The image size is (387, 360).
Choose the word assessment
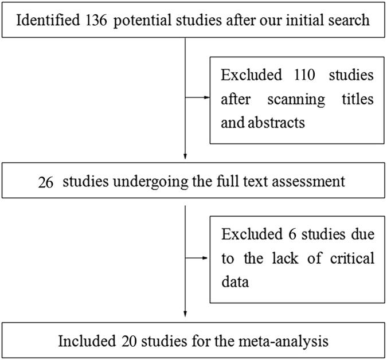(x=312, y=182)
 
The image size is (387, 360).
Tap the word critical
(x=353, y=259)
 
